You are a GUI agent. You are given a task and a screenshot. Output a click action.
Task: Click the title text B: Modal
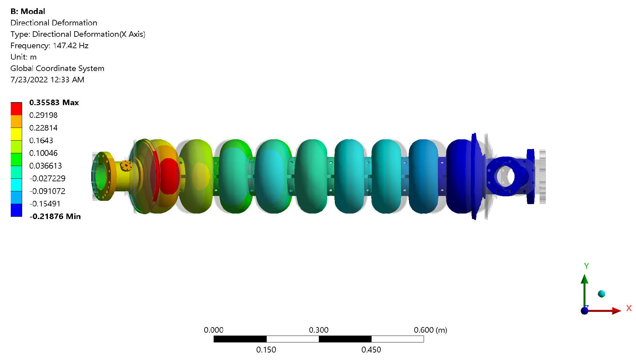(28, 11)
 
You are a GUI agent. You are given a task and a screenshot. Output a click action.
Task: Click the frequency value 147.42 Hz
(70, 46)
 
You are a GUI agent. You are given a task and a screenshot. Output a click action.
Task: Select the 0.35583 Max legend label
(54, 103)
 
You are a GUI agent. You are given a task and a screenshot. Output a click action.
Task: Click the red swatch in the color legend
(16, 109)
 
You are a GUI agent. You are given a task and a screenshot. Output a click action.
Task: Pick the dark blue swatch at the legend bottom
(16, 210)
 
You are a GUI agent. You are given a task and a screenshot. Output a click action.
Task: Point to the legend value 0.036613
(46, 166)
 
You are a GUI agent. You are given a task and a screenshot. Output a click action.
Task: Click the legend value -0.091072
(47, 191)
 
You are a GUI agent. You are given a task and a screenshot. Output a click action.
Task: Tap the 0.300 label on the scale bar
(318, 330)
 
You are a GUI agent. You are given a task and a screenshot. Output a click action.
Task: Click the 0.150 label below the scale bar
(266, 350)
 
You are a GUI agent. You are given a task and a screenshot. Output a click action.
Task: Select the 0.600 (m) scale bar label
(430, 330)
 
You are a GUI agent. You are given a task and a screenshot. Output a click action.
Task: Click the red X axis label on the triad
(629, 308)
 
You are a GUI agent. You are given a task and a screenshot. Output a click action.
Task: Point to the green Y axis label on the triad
(586, 266)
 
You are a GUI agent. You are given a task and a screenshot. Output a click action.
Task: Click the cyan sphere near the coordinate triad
(601, 294)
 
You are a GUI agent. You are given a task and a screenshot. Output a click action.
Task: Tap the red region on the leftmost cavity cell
(169, 176)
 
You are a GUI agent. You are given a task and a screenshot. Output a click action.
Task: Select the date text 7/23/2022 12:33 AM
(47, 80)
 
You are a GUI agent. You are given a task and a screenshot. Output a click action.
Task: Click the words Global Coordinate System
(57, 68)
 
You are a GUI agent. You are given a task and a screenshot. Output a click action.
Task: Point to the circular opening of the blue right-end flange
(505, 176)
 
